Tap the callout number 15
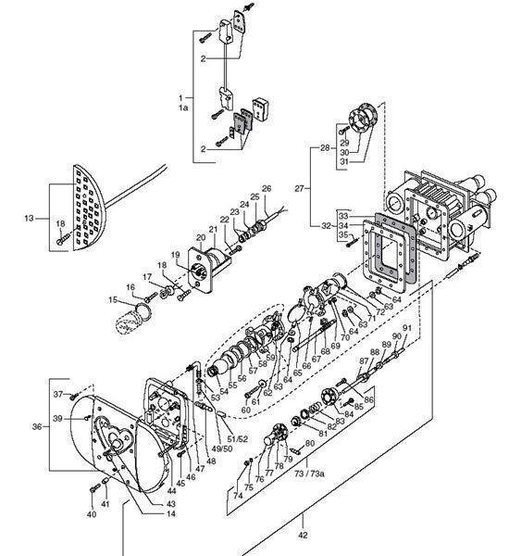(x=112, y=299)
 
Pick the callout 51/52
(x=238, y=438)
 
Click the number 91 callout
(x=407, y=328)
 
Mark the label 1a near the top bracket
(x=182, y=107)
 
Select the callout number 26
(x=267, y=189)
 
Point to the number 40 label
(x=92, y=514)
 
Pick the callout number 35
(x=317, y=235)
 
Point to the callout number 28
(x=324, y=148)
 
